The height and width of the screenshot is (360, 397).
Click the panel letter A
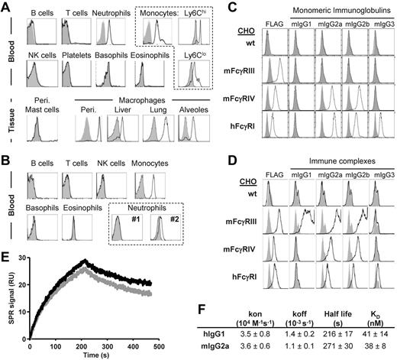(5, 7)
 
